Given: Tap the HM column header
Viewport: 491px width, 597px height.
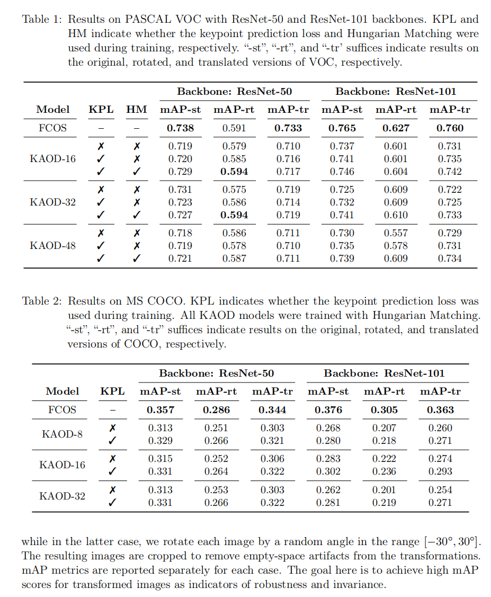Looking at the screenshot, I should (x=137, y=110).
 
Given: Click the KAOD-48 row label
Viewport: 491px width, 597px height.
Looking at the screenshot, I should (x=52, y=246).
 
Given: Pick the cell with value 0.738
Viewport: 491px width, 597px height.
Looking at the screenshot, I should (x=180, y=128).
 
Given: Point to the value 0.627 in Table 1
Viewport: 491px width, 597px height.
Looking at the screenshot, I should (x=396, y=128).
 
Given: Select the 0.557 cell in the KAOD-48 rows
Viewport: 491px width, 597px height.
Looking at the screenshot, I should (x=396, y=233).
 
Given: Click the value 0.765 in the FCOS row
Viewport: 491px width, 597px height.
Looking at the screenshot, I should (x=342, y=128).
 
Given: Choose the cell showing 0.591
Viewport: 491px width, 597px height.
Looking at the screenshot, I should (x=234, y=128).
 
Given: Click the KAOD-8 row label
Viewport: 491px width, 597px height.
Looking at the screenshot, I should (x=62, y=434).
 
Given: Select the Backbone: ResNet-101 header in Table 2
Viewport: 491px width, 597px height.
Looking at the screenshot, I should (x=384, y=373).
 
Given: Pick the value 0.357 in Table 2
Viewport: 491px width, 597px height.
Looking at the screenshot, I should (x=160, y=410).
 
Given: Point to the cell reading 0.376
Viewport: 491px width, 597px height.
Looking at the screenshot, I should (x=328, y=410).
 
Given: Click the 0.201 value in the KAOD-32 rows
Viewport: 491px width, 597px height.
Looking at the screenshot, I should (x=384, y=490).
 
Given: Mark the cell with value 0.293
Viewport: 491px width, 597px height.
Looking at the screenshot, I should (x=440, y=471).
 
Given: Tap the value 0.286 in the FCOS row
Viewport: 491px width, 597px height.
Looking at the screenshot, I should (x=216, y=410).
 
